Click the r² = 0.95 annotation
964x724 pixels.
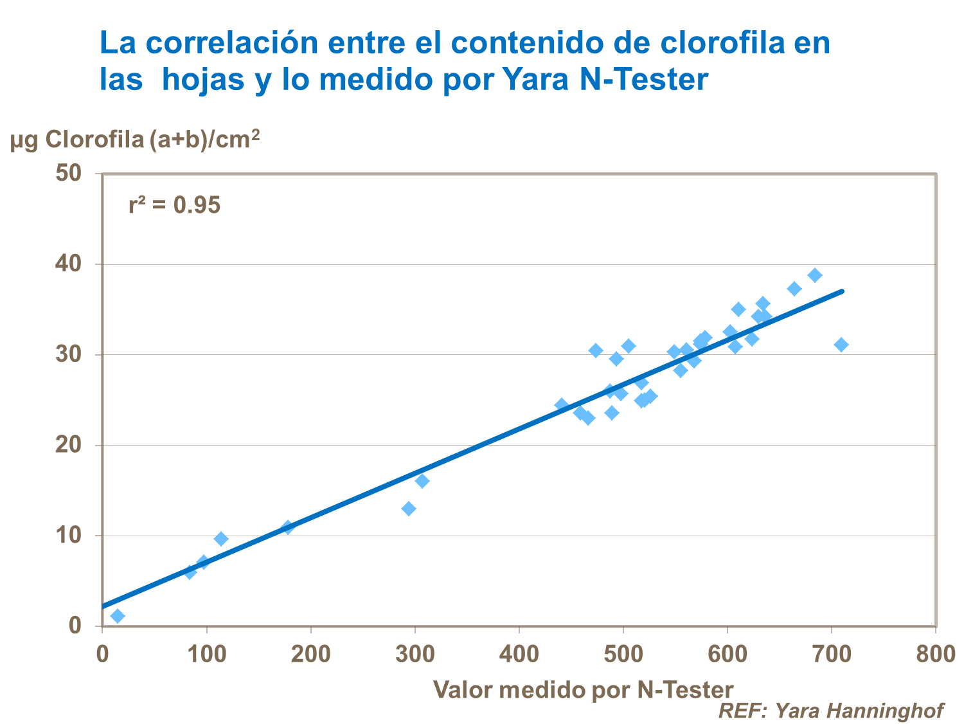pos(174,205)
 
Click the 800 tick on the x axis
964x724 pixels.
pos(935,654)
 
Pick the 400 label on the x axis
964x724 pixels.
pos(519,654)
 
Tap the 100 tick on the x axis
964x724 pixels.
pos(206,654)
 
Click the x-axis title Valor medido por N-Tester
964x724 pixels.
pos(583,690)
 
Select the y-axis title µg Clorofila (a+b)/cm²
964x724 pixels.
pos(135,139)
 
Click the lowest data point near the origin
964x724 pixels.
pos(118,616)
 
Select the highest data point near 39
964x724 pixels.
pos(815,275)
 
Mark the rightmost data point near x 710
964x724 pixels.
pos(841,345)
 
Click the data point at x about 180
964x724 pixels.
pos(288,527)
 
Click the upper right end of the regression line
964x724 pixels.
pos(842,291)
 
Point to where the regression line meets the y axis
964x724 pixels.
pos(103,606)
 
